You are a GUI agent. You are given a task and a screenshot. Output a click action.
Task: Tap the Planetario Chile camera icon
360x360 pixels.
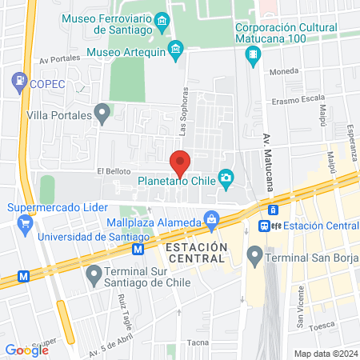coord(226,177)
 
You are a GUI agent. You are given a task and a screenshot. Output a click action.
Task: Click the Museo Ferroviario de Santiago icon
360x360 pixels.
coord(162,19)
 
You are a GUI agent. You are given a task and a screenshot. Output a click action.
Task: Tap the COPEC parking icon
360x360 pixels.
coord(18,81)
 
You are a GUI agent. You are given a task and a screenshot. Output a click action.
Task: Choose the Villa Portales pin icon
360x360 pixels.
coord(101,114)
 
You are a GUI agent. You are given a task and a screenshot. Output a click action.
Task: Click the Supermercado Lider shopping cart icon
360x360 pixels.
coord(26,222)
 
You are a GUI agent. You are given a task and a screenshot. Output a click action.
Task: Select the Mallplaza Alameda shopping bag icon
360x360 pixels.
coord(211,218)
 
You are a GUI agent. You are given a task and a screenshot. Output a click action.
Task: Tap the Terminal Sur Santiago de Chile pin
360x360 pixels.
coord(94,274)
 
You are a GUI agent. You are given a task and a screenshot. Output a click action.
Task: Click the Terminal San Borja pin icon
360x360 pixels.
coord(255,257)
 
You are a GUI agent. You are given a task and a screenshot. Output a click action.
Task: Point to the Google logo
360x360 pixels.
coord(27,349)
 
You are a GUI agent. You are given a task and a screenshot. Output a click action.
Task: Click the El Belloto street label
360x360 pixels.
coord(113,170)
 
